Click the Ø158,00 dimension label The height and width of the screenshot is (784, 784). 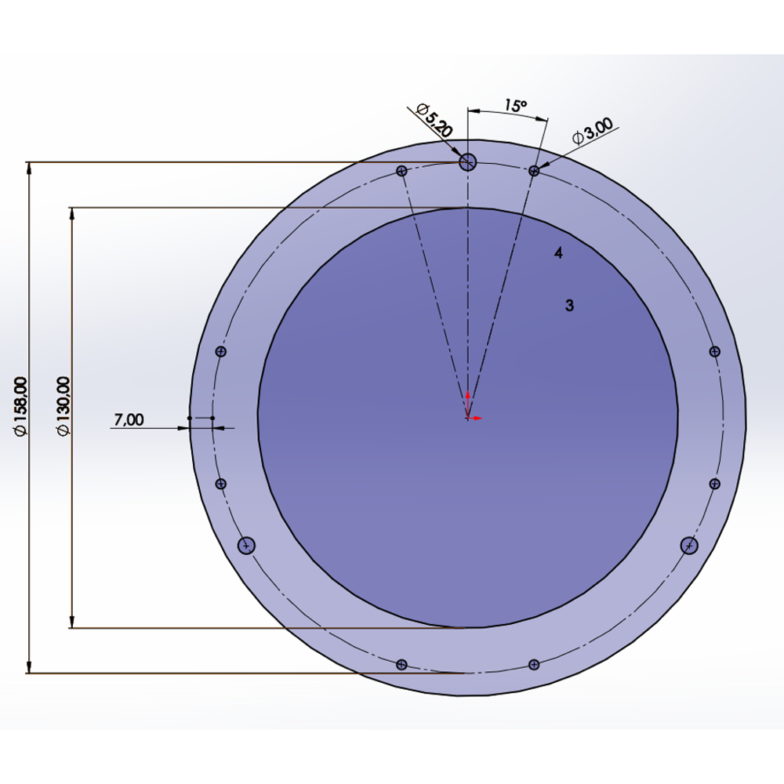point(21,406)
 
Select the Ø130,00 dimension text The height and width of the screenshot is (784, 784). point(64,406)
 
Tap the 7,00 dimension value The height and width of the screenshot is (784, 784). point(129,419)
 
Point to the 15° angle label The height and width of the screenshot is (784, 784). point(516,106)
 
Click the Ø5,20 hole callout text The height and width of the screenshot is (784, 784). point(434,121)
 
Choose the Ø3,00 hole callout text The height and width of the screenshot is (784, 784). point(593,131)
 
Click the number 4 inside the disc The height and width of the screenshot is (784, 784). point(558,253)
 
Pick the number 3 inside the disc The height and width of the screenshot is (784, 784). point(569,306)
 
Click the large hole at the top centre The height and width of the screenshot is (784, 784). point(467,162)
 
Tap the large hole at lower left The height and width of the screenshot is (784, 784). point(246,546)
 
